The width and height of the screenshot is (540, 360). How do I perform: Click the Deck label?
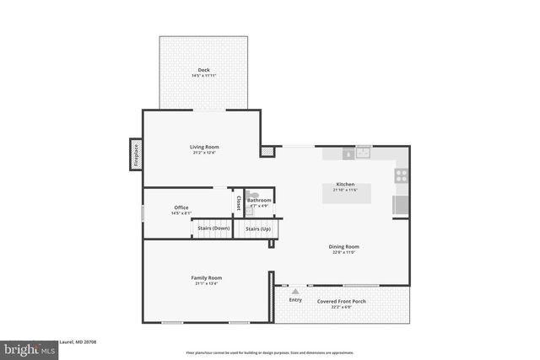click(x=203, y=70)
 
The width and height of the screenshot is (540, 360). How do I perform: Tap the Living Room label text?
click(x=203, y=147)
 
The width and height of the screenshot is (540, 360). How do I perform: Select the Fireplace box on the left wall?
click(x=135, y=154)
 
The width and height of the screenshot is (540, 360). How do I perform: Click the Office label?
click(x=181, y=207)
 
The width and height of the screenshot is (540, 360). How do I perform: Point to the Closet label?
click(x=239, y=202)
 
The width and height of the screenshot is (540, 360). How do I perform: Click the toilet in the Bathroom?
click(x=254, y=194)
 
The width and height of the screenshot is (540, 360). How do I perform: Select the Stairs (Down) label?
click(x=213, y=228)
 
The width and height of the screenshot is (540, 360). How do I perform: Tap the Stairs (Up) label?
click(x=258, y=228)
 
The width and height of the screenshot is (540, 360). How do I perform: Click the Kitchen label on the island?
click(x=345, y=184)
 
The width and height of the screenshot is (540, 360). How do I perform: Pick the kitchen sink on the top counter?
click(x=364, y=153)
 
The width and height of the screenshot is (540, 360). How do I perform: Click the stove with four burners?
click(x=402, y=175)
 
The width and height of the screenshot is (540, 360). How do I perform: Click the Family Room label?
click(x=206, y=277)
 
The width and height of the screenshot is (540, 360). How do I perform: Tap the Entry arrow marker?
click(x=295, y=291)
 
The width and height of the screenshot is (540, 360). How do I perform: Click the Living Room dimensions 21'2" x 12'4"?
click(x=203, y=153)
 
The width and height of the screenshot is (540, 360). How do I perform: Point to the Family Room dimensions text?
click(x=206, y=283)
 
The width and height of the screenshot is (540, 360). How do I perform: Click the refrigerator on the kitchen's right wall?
click(x=401, y=205)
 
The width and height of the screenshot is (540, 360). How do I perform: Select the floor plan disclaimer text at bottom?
click(x=270, y=353)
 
